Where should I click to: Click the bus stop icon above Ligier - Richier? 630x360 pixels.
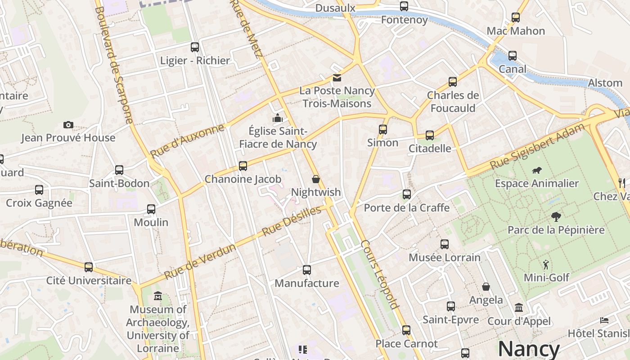(195, 47)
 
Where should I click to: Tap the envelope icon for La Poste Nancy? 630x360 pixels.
(337, 78)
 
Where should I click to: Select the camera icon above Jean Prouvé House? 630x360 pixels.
(68, 125)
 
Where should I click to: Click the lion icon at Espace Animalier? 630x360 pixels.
(536, 171)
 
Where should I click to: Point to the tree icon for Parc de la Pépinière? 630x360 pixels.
(556, 217)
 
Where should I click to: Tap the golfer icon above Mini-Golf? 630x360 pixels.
(546, 264)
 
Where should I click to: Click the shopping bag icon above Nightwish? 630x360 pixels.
(316, 179)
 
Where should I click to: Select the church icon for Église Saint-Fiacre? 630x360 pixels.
(278, 118)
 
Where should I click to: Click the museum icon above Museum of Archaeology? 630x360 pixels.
(158, 296)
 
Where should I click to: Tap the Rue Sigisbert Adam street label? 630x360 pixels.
(537, 146)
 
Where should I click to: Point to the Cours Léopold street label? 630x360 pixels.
(380, 274)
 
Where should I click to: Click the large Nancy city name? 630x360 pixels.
(528, 349)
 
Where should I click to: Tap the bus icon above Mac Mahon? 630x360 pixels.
(516, 18)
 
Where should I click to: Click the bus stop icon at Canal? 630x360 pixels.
(513, 56)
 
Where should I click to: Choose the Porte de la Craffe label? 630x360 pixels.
(406, 207)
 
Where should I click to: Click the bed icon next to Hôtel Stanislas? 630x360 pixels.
(604, 320)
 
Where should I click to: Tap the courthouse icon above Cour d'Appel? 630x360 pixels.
(519, 308)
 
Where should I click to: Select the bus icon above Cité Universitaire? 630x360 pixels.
(89, 267)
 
